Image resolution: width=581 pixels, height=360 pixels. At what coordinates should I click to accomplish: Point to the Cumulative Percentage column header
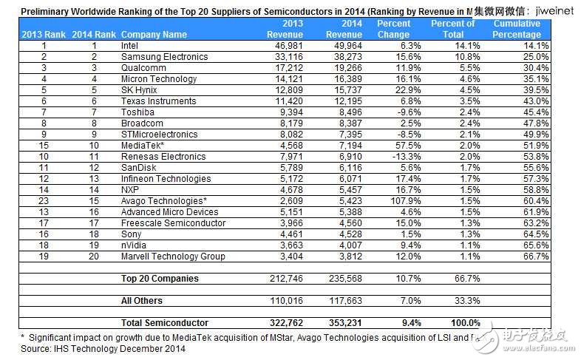(518, 30)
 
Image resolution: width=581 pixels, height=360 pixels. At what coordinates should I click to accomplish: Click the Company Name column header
(154, 35)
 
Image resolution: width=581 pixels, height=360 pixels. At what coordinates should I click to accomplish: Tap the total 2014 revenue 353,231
(344, 323)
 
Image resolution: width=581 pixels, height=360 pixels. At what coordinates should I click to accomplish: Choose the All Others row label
(142, 301)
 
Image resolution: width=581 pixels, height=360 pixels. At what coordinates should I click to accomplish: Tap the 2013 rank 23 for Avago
(44, 200)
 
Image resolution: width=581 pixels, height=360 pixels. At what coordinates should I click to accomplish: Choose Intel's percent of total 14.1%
(463, 46)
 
